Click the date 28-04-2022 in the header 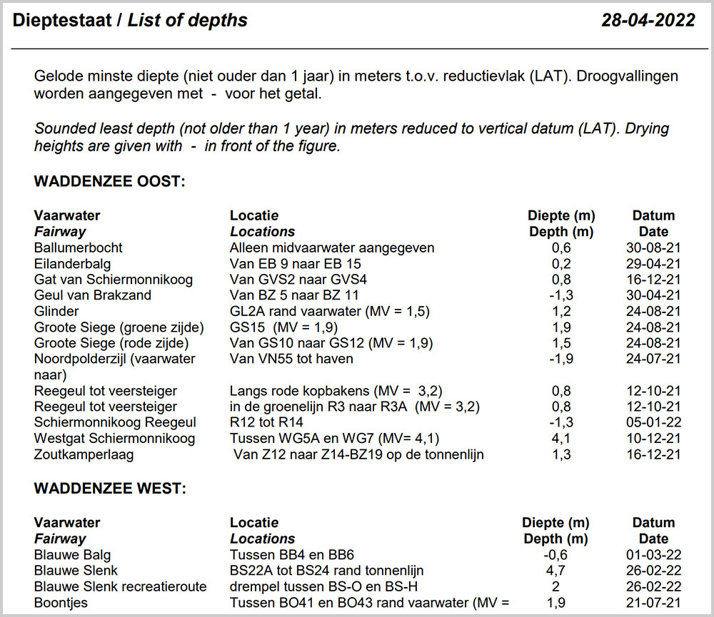pos(648,21)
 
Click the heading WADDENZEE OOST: pos(109,182)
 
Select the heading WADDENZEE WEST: pos(109,489)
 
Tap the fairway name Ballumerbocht pos(78,248)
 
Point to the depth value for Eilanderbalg pos(561,264)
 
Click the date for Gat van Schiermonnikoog pos(653,280)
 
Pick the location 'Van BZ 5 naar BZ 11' pos(294,295)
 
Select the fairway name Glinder pos(56,311)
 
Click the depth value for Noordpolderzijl pos(561,359)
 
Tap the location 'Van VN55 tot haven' pos(291,359)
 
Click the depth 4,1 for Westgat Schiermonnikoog pos(561,437)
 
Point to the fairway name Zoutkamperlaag pos(84,454)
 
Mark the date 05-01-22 pos(653,422)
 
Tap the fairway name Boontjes pos(61,603)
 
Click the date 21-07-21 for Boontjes pos(653,603)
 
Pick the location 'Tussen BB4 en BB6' pos(292,555)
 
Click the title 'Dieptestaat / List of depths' pos(130,21)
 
